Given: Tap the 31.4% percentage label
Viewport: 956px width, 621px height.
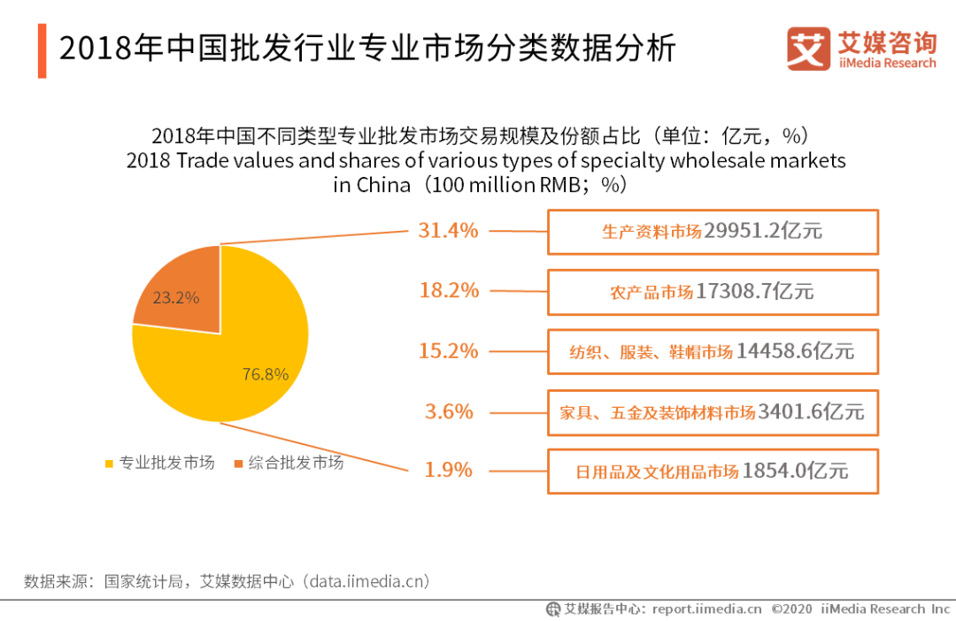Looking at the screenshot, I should [x=448, y=231].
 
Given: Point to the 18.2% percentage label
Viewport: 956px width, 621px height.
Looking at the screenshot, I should [x=448, y=290].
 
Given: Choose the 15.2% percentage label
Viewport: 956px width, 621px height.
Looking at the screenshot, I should [x=448, y=351].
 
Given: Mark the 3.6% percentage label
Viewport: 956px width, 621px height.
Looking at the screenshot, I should [x=448, y=411].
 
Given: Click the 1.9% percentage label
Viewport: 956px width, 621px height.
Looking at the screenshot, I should [x=448, y=470].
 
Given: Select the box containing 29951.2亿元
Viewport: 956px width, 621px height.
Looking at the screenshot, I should [x=713, y=232].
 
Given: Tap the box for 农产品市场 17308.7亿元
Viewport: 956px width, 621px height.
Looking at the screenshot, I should [x=713, y=292].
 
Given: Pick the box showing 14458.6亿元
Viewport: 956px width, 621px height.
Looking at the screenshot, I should [x=713, y=352].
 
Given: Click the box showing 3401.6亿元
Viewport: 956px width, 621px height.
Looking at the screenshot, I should [x=713, y=412].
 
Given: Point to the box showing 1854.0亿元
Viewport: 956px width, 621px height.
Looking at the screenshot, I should [x=713, y=471].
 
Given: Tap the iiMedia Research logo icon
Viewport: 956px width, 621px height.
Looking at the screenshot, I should [x=808, y=50].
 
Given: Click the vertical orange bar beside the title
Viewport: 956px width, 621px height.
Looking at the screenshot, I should [x=42, y=50].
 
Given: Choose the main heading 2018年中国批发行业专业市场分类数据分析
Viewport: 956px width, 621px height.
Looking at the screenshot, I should [x=367, y=49].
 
